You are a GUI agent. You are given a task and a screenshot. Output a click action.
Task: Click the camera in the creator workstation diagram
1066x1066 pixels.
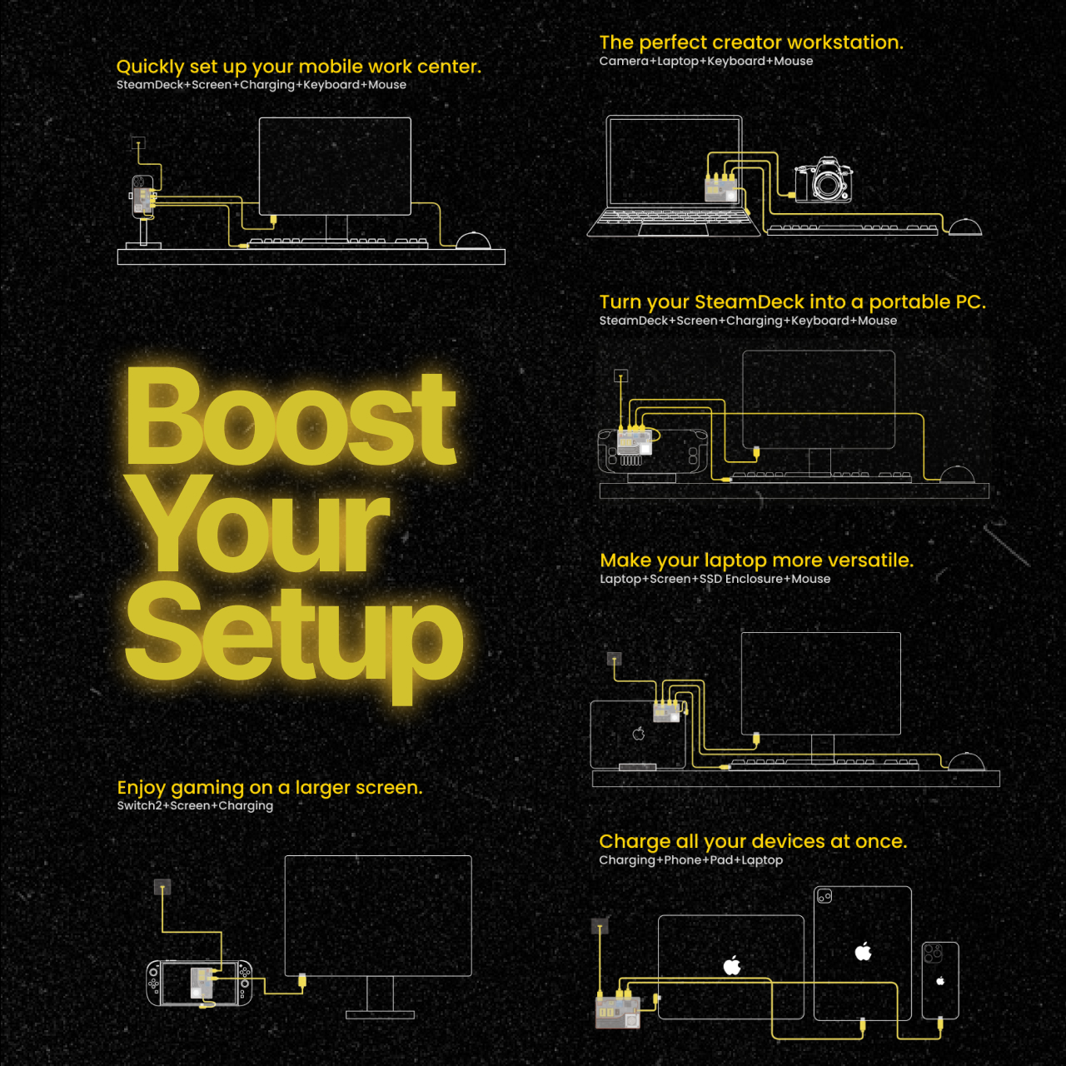[x=824, y=180]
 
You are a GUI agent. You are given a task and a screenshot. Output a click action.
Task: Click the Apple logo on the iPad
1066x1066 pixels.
[x=863, y=952]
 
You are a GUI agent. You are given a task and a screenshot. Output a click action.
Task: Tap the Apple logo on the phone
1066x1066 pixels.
[x=940, y=981]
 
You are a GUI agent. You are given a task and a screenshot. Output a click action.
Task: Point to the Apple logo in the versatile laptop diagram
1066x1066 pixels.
[x=639, y=734]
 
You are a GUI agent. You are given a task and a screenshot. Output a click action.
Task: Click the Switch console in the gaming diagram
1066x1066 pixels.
[x=199, y=983]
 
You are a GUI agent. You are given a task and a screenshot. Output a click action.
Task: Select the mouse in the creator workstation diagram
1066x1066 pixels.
[x=964, y=227]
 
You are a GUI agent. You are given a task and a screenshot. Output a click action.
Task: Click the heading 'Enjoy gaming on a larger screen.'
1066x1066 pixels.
[x=269, y=787]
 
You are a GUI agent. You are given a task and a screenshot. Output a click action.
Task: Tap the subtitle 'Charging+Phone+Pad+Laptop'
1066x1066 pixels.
[x=691, y=860]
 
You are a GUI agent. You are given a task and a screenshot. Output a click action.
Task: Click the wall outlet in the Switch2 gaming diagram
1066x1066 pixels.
[x=162, y=887]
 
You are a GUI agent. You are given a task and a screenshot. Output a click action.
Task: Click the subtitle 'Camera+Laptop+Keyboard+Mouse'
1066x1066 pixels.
[x=706, y=62]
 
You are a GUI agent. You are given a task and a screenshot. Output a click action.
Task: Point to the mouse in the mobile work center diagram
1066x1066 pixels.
[x=473, y=241]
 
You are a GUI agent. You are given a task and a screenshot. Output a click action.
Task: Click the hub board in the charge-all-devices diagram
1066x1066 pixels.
[x=617, y=1012]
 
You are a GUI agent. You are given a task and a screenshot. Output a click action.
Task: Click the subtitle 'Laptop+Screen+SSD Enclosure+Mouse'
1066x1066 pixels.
[x=715, y=579]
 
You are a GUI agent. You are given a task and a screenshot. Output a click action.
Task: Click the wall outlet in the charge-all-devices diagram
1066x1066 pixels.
[x=600, y=926]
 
